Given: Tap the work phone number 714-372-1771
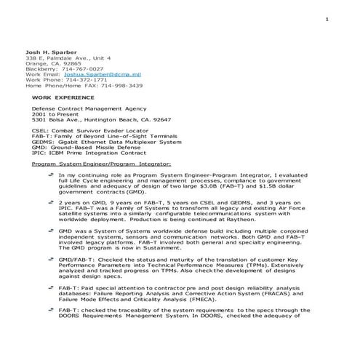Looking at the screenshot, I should pos(76,80).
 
